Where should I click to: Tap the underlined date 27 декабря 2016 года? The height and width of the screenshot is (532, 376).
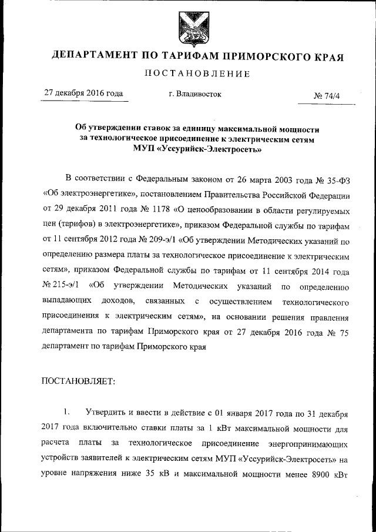[x=83, y=93]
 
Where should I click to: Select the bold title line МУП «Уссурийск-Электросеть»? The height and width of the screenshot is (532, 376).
[x=197, y=149]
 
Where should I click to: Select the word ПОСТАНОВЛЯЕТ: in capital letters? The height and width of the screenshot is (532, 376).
[x=79, y=380]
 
